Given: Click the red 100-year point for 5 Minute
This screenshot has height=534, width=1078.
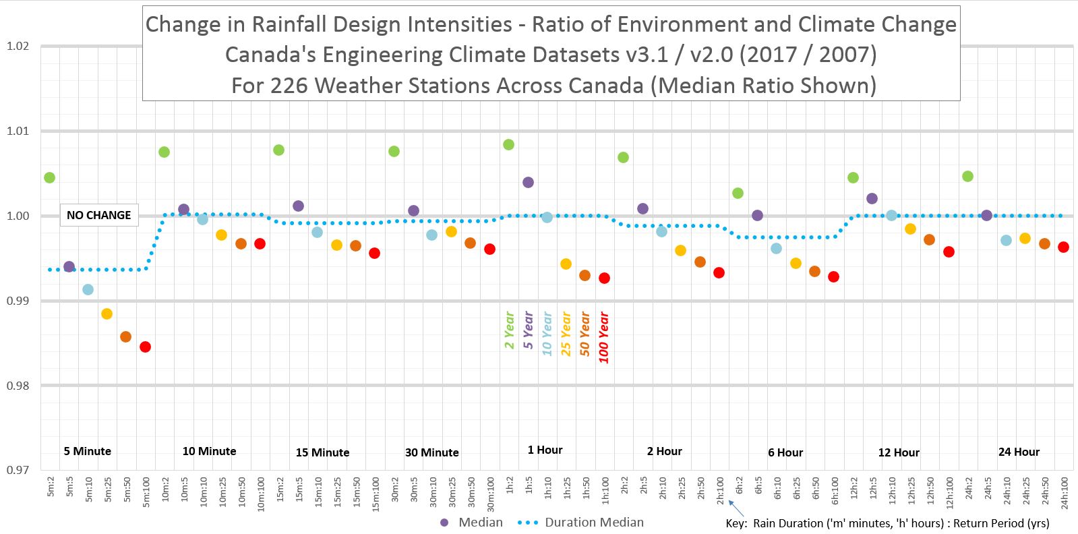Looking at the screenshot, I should [x=145, y=347].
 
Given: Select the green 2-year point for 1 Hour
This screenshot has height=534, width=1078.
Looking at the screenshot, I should [x=508, y=144].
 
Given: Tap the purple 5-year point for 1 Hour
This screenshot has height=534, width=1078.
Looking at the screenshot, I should [x=528, y=182].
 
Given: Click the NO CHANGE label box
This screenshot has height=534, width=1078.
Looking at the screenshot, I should [x=98, y=215].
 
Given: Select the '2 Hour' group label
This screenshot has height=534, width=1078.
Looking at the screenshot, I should [x=664, y=451].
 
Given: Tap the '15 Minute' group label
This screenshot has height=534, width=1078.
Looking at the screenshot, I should [x=322, y=452].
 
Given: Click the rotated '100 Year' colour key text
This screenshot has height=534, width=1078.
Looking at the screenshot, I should [x=604, y=337].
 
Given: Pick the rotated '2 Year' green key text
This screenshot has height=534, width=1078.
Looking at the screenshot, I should [x=510, y=330].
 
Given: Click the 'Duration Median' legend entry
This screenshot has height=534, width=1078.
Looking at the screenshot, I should [x=593, y=523].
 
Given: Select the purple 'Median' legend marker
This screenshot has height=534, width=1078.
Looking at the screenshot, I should [x=444, y=523].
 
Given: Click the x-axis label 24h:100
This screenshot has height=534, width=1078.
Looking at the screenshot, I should [x=1064, y=492].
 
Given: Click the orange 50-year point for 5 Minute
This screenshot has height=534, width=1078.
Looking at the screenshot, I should [x=125, y=336].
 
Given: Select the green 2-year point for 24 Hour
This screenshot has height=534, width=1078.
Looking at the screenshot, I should [x=967, y=176].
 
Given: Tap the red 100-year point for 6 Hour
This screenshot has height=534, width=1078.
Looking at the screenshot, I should [x=833, y=276].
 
